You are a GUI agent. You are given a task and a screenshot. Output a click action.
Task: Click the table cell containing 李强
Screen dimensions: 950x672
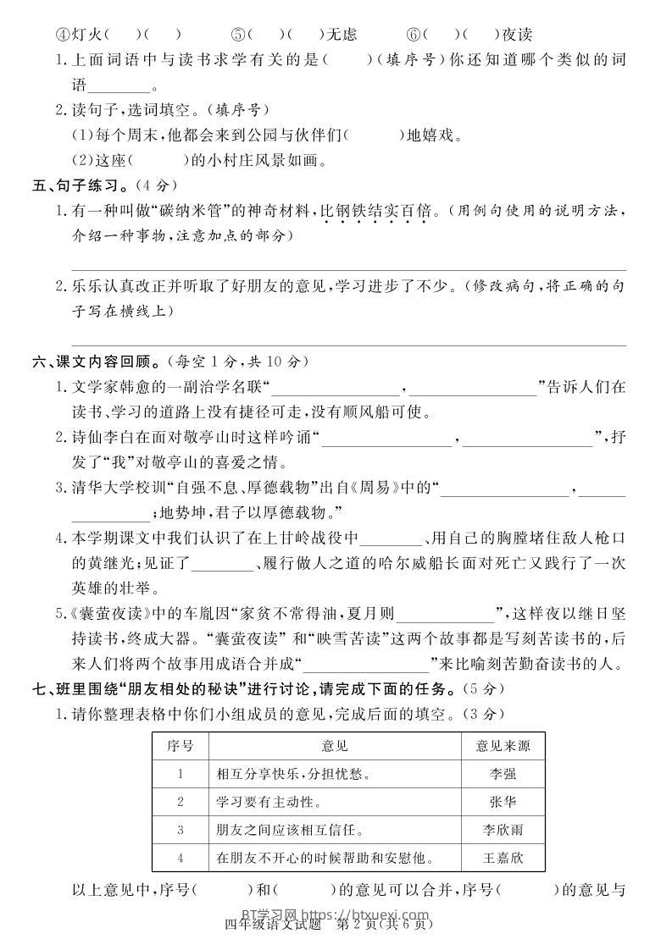click(503, 773)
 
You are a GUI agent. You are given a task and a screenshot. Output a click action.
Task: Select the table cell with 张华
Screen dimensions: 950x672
click(503, 801)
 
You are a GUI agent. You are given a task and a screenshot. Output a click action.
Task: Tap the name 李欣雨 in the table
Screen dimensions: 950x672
click(503, 830)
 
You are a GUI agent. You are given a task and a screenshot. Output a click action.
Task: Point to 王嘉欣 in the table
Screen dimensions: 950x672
click(503, 858)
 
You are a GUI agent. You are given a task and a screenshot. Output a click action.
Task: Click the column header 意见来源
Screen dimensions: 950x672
click(503, 745)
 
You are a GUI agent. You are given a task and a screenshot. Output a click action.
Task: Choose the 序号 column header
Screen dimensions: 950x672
click(180, 745)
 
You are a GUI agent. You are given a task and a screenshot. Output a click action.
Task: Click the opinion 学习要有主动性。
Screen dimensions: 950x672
click(267, 801)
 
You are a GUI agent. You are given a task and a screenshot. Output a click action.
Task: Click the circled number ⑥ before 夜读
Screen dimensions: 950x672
click(414, 35)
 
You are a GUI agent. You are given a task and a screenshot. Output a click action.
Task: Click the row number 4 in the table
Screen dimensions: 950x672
click(180, 858)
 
